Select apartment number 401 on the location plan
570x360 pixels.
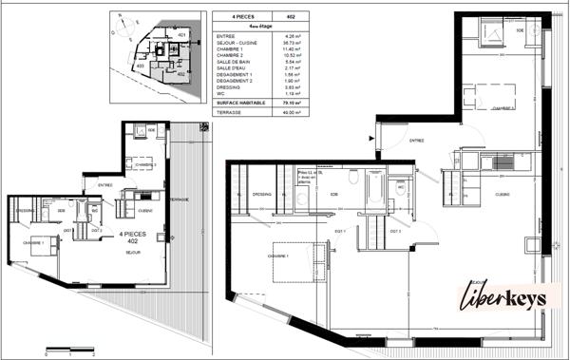181,35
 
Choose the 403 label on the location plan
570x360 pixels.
140,66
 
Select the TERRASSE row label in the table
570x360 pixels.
228,112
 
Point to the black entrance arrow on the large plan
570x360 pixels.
371,137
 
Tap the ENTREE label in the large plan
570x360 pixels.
416,141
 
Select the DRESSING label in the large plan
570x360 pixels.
262,195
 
